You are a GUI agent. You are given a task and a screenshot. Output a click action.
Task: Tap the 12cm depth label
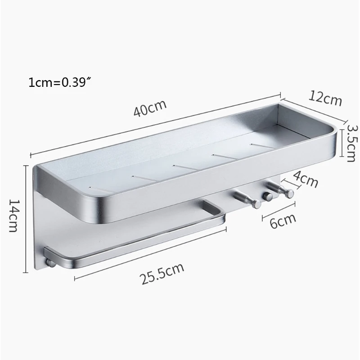click(x=326, y=98)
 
